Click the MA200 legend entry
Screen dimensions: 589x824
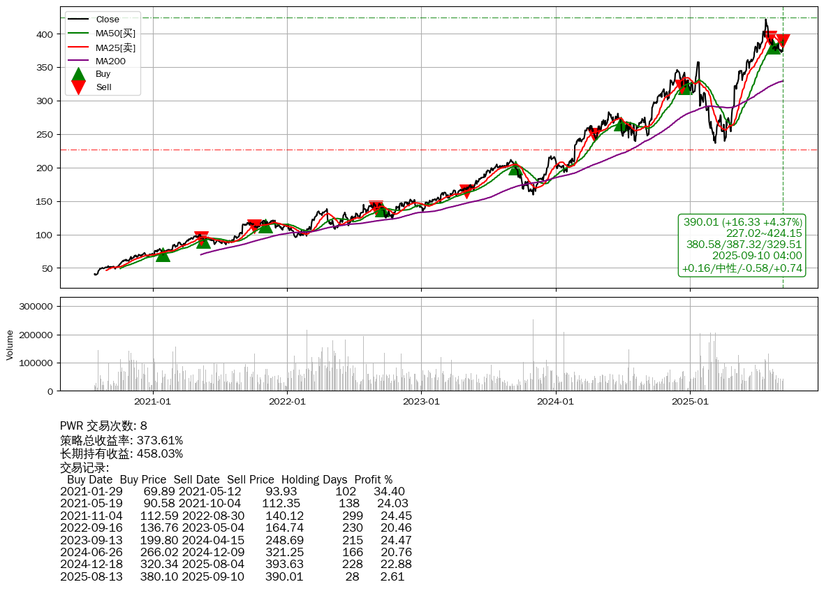(110, 61)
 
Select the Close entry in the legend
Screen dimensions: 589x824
(108, 20)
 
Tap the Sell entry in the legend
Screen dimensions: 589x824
(103, 87)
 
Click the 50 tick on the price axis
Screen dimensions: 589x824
(47, 268)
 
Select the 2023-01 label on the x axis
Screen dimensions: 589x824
(421, 402)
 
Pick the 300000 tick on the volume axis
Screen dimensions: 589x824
(34, 307)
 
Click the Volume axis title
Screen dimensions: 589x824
(10, 344)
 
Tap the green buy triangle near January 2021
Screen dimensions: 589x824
(163, 255)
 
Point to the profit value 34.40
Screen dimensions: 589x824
(389, 492)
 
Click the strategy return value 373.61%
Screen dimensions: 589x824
(160, 441)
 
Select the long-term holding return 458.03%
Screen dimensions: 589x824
(160, 454)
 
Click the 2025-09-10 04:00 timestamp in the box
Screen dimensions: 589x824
(757, 256)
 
